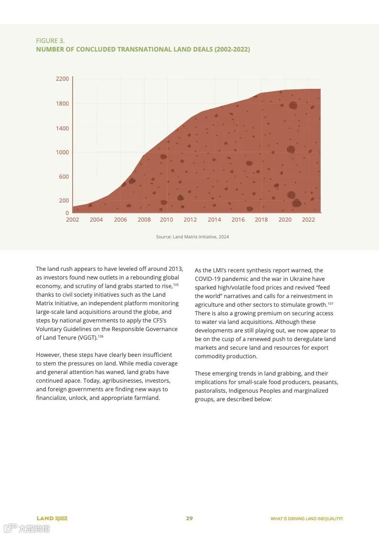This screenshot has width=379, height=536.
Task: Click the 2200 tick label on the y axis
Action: [62, 78]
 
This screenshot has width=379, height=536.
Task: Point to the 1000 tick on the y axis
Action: [62, 152]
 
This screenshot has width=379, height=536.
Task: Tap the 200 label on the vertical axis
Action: [64, 201]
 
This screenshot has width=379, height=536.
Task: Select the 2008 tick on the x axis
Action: [144, 220]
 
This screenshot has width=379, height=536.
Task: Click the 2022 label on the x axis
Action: [308, 220]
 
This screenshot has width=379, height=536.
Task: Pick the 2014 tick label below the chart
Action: [214, 220]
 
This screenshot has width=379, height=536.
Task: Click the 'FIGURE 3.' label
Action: [50, 41]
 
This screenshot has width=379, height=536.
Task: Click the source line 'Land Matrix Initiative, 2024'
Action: [201, 237]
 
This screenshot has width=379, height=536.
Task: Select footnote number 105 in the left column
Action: [176, 285]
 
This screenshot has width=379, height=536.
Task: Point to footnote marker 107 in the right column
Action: [330, 304]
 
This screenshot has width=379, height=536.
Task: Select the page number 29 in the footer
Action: [189, 518]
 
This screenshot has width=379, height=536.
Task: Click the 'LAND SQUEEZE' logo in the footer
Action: [52, 518]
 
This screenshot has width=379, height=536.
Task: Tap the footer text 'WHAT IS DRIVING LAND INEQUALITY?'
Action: [306, 519]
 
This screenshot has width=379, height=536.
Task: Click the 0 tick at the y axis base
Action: [67, 213]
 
